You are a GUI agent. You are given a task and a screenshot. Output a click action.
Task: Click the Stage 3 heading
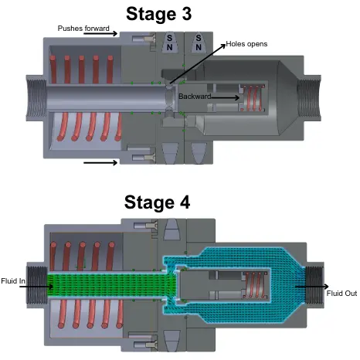pyautogui.click(x=158, y=14)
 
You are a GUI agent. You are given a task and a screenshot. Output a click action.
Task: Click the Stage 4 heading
pyautogui.click(x=157, y=202)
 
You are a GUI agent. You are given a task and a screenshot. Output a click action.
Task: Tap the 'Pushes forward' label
pyautogui.click(x=83, y=29)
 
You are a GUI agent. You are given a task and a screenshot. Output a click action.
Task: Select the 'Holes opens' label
pyautogui.click(x=246, y=44)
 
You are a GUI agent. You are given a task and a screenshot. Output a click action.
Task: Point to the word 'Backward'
pyautogui.click(x=195, y=97)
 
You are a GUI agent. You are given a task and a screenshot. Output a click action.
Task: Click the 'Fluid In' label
pyautogui.click(x=13, y=280)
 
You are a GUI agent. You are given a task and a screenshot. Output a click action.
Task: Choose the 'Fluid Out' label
pyautogui.click(x=341, y=294)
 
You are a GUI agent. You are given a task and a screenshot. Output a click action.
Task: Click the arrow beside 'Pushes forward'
pyautogui.click(x=100, y=33)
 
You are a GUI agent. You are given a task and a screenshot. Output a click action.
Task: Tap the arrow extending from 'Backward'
pyautogui.click(x=226, y=97)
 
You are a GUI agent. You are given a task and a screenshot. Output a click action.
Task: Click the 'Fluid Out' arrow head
pyautogui.click(x=327, y=287)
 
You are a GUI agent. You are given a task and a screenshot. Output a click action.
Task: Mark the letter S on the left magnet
pyautogui.click(x=169, y=38)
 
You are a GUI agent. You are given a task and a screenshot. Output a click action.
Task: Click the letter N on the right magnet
pyautogui.click(x=199, y=47)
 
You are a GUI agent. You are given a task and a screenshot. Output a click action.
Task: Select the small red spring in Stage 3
pyautogui.click(x=253, y=98)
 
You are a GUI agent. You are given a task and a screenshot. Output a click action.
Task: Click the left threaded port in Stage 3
pyautogui.click(x=36, y=99)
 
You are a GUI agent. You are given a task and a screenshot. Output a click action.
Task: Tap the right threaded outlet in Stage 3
pyautogui.click(x=309, y=99)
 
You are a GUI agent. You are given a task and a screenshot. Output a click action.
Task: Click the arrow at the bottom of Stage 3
pyautogui.click(x=100, y=163)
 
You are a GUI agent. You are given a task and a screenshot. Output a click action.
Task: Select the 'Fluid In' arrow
pyautogui.click(x=36, y=287)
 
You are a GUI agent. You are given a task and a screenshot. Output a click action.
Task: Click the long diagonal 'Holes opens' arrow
pyautogui.click(x=198, y=64)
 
